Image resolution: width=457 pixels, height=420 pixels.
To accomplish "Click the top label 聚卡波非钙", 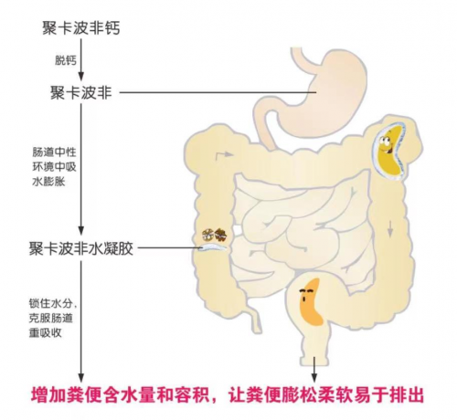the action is [81, 28].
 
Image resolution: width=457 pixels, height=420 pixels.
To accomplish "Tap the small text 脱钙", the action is [66, 60].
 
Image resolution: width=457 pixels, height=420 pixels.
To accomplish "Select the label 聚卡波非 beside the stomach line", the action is [81, 92].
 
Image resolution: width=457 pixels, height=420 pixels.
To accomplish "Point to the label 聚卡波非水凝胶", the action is [81, 248].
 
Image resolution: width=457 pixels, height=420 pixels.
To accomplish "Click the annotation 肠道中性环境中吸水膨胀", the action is [54, 167].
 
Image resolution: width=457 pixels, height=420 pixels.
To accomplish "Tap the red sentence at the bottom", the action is [228, 395].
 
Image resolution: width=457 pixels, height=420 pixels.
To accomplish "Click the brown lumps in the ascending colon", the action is [215, 235].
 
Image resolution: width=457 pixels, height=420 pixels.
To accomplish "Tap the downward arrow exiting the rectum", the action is [314, 369].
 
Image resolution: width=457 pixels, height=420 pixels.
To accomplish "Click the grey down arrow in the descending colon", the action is [389, 229].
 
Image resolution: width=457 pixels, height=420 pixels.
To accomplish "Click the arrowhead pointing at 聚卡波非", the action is [81, 77].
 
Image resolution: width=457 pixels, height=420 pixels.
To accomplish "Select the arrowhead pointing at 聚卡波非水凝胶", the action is [81, 230].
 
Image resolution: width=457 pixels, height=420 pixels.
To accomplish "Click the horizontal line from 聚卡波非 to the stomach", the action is [218, 92].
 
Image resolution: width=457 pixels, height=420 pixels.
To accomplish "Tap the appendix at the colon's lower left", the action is [255, 320].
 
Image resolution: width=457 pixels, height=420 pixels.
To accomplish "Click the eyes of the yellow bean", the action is [385, 140].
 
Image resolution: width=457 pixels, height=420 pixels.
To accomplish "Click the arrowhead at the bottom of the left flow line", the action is [81, 377].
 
